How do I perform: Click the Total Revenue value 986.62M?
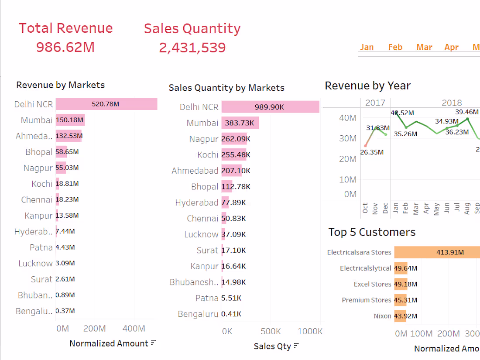(x=65, y=47)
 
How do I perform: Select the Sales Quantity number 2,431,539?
(x=192, y=47)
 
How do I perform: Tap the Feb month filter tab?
(x=395, y=47)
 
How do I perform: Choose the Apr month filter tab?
(x=451, y=47)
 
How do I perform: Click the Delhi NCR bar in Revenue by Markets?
(x=106, y=104)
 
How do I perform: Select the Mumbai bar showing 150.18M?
(x=70, y=120)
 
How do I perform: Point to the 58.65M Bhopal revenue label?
(x=67, y=152)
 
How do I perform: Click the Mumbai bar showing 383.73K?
(x=240, y=123)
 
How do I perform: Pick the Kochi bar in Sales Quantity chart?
(x=233, y=154)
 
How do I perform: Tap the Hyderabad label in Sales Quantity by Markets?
(x=196, y=202)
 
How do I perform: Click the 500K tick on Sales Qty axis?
(x=270, y=331)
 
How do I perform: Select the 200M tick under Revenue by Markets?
(x=94, y=329)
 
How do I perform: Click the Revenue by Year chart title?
(x=367, y=86)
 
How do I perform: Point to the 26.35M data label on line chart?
(x=372, y=152)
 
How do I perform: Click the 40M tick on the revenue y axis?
(x=348, y=118)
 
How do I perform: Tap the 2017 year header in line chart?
(x=375, y=103)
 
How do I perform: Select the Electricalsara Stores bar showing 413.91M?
(x=436, y=252)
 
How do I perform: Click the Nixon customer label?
(x=382, y=316)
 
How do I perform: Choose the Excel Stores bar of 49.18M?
(x=400, y=284)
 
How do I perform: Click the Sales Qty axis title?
(x=272, y=346)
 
